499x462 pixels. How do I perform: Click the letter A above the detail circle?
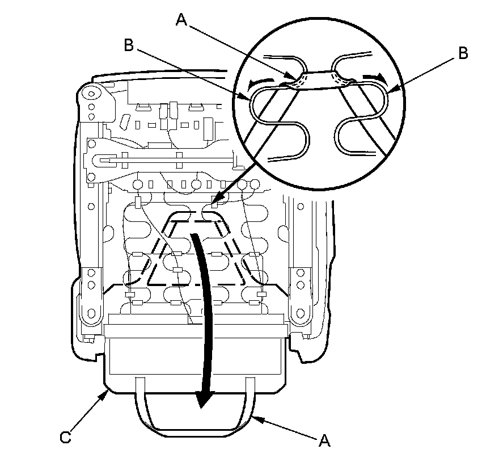click(x=181, y=19)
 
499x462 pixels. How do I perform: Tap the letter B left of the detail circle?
click(x=129, y=46)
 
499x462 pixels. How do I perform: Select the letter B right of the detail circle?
click(x=463, y=53)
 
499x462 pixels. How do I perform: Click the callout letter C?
click(x=66, y=438)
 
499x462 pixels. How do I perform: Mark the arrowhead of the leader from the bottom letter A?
click(x=255, y=417)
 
